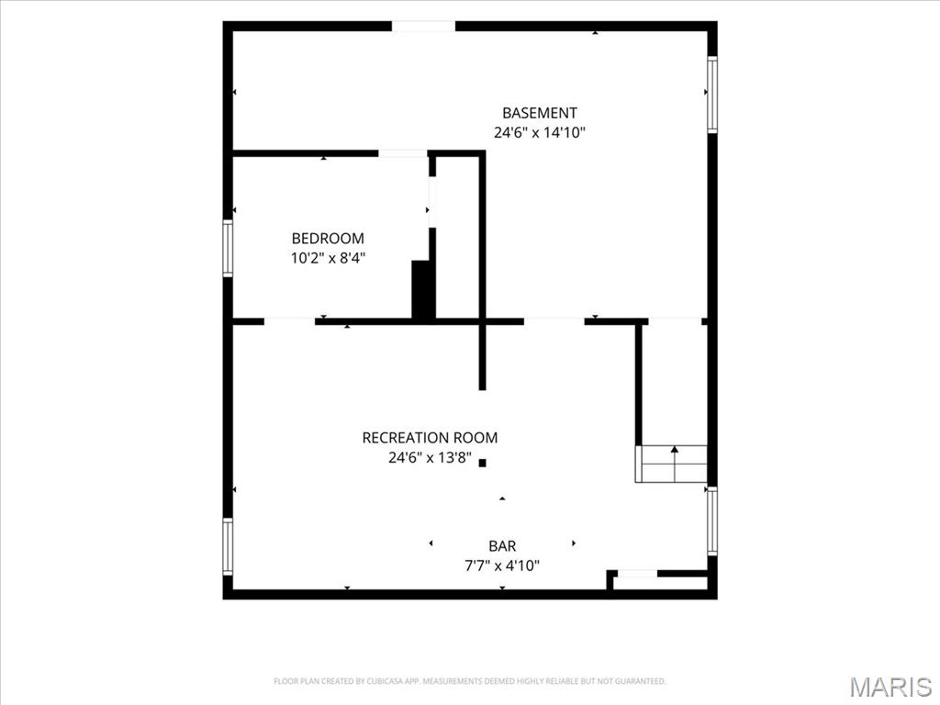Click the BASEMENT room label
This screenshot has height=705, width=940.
[540, 113]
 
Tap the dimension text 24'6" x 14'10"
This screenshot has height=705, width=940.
[540, 132]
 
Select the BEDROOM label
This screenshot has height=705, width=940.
[328, 239]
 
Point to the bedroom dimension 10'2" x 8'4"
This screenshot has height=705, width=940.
[328, 258]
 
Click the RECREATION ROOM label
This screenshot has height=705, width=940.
[430, 438]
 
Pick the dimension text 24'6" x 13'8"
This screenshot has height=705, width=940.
[430, 458]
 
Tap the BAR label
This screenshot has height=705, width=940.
[502, 546]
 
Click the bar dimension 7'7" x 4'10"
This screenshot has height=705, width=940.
[502, 565]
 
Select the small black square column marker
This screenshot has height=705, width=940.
[483, 463]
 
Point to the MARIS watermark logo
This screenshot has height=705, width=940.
[890, 687]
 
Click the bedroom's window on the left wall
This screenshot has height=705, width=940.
[228, 249]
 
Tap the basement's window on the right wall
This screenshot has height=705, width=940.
[712, 95]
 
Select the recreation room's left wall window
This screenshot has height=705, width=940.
[228, 547]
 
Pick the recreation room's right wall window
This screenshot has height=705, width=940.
[712, 520]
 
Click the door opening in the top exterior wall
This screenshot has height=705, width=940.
[424, 27]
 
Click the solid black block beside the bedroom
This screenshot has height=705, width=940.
[423, 289]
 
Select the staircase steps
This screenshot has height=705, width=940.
[671, 464]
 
